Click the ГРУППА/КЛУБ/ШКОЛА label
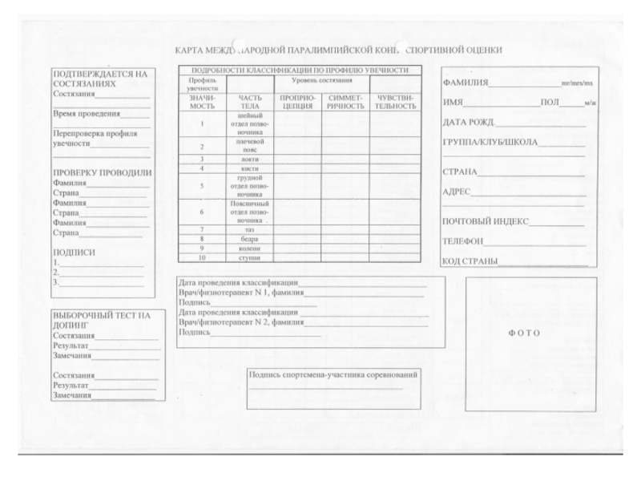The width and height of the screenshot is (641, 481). (x=490, y=143)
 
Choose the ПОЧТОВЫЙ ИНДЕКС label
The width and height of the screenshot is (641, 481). (x=486, y=222)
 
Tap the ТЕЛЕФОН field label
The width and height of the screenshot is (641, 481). (x=464, y=241)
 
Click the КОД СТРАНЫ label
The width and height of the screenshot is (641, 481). (x=470, y=261)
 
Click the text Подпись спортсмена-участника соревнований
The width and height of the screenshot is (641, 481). (x=333, y=374)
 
